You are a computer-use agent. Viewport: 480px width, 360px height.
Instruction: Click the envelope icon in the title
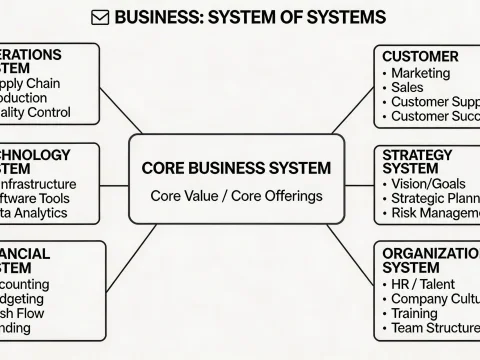(x=101, y=18)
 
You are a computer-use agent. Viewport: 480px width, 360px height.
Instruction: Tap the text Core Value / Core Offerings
(x=237, y=196)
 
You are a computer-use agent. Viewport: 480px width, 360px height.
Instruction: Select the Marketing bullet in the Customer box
(x=421, y=73)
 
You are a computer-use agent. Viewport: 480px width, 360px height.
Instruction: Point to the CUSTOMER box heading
(x=420, y=56)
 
